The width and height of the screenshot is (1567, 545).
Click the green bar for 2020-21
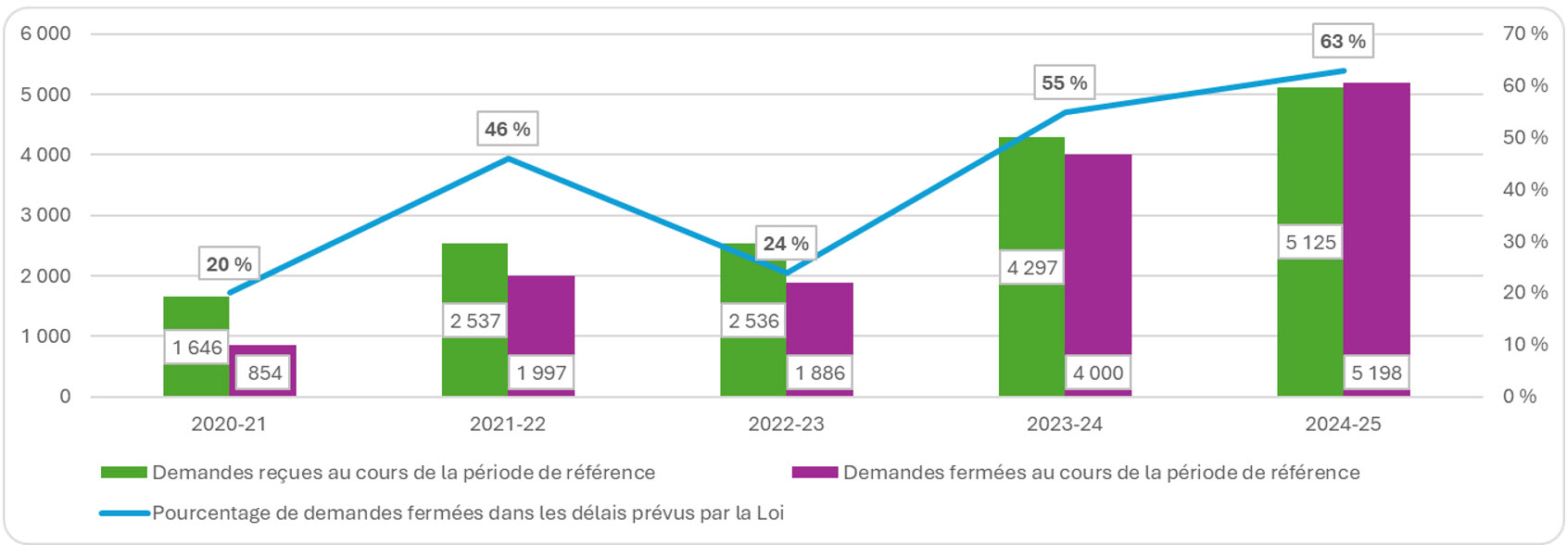(x=196, y=315)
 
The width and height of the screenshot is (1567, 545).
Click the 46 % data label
(x=508, y=129)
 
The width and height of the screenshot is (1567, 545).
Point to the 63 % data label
(x=1343, y=42)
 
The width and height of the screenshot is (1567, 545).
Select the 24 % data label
(x=786, y=244)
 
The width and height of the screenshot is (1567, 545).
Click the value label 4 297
(x=1032, y=268)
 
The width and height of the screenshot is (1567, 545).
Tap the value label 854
(x=264, y=373)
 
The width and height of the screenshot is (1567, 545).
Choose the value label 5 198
(x=1376, y=373)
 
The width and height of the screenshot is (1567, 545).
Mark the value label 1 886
(x=820, y=373)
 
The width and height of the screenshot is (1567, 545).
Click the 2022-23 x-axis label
(x=786, y=425)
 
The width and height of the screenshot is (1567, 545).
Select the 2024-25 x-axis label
(x=1343, y=425)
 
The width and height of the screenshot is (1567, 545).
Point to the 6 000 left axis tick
(x=45, y=33)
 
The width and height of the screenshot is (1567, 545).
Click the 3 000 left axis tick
(x=45, y=215)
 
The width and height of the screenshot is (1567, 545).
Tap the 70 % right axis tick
(x=1524, y=33)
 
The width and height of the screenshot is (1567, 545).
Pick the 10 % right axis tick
(x=1524, y=344)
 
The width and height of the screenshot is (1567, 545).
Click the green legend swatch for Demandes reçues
(x=124, y=473)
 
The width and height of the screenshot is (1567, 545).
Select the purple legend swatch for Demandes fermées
(x=815, y=473)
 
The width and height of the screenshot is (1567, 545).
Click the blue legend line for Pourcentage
(x=124, y=513)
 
